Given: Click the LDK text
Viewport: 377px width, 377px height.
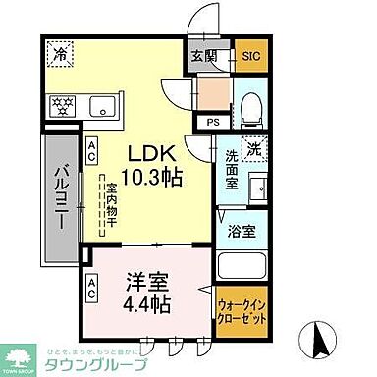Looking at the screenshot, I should [x=151, y=154].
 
